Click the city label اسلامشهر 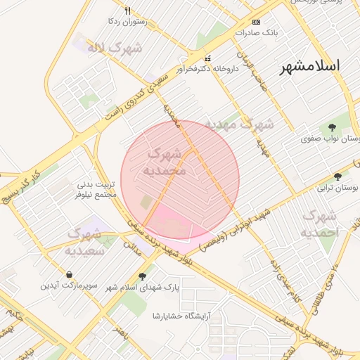coord(310,66)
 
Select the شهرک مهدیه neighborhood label coord(239,125)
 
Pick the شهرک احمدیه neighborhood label coord(320,223)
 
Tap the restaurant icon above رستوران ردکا coord(127,11)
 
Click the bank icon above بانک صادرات coord(256,22)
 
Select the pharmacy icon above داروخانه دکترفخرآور coord(207,58)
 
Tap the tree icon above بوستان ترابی coord(338,176)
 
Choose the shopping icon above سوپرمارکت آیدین coord(69,274)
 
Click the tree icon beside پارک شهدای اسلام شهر coord(143,276)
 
